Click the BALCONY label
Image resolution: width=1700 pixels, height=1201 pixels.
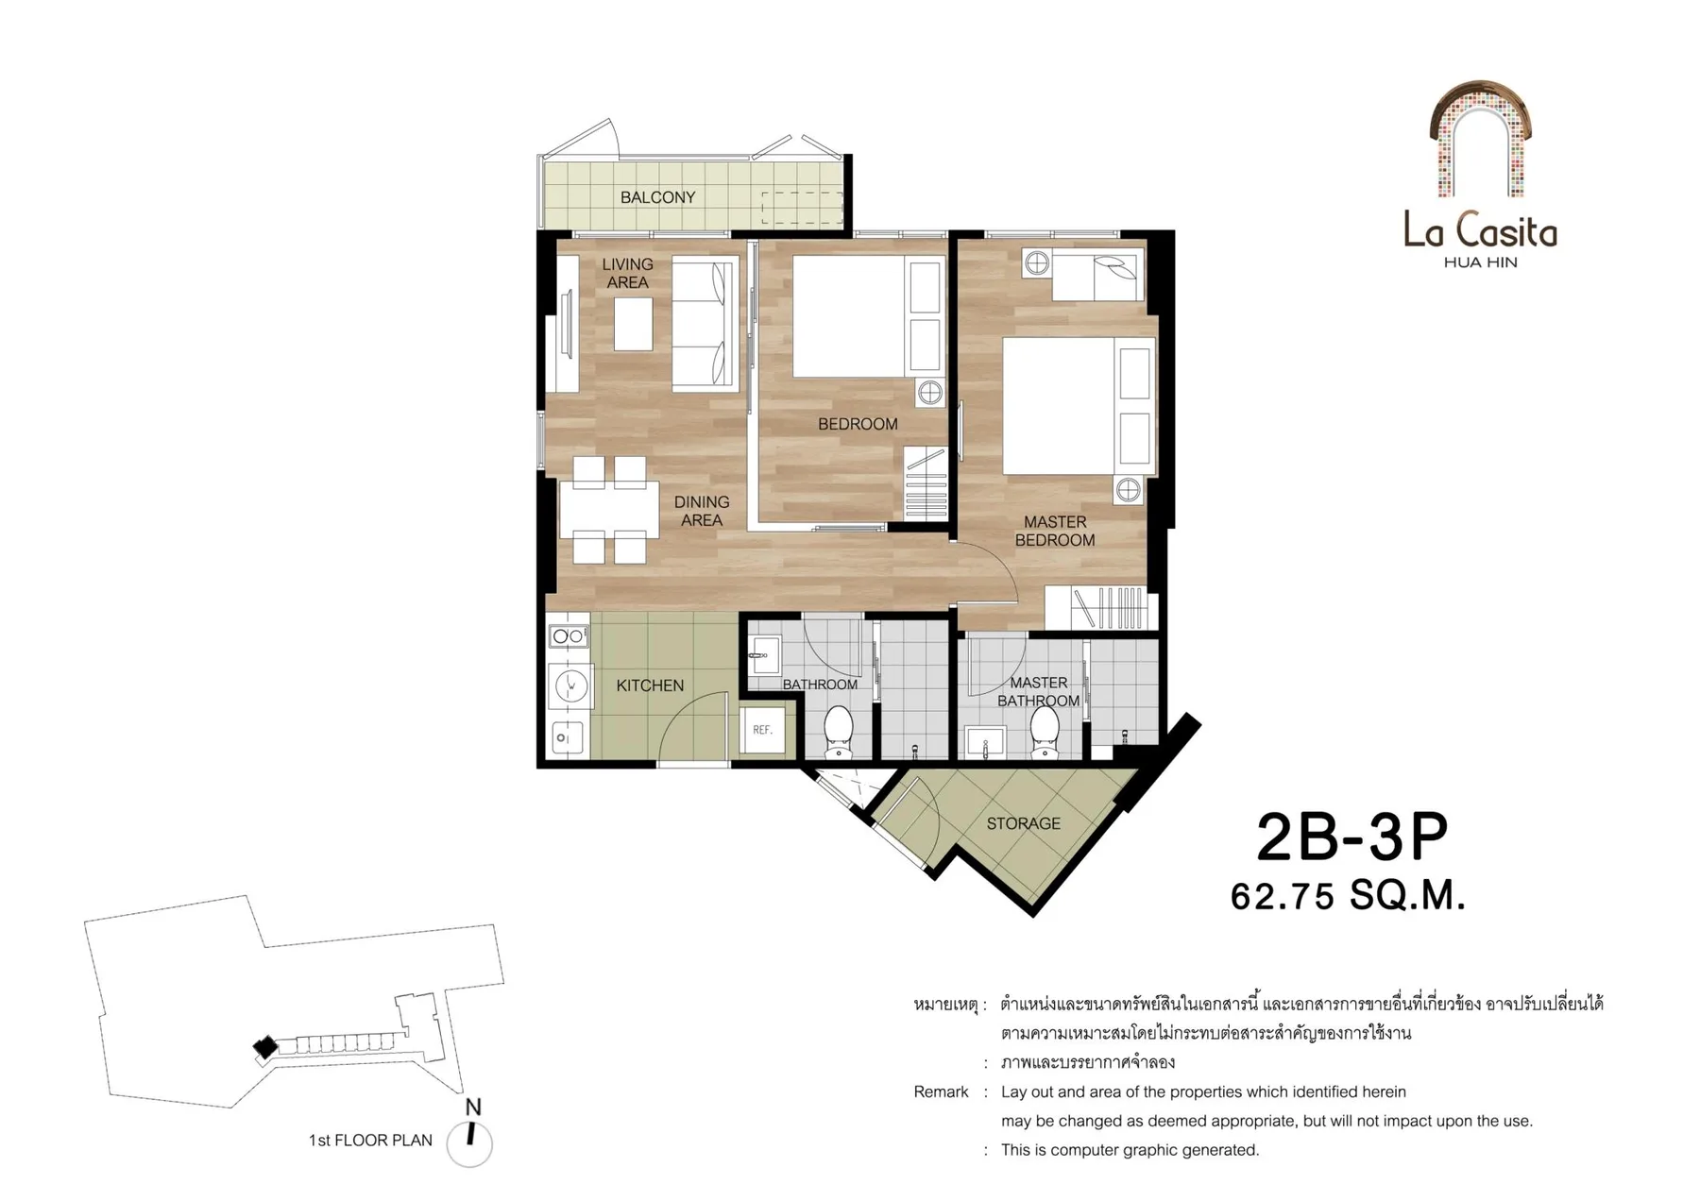[x=657, y=197]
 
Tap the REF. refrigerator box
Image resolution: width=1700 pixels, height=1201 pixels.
[x=763, y=729]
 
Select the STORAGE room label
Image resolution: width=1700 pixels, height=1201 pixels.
[x=1023, y=823]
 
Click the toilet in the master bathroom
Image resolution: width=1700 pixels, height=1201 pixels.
[x=1045, y=732]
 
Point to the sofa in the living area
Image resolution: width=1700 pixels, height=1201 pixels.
[x=704, y=326]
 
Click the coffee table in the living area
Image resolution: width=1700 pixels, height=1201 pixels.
[x=633, y=324]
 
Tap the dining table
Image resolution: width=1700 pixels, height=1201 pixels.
[x=610, y=510]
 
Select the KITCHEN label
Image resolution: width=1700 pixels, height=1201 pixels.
[x=650, y=685]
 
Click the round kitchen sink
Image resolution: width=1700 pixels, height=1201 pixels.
[x=570, y=685]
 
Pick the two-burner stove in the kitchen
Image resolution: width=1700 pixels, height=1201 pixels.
[x=569, y=636]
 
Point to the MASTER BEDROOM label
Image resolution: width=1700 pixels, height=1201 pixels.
[x=1055, y=531]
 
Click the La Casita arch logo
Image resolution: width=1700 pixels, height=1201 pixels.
[x=1480, y=139]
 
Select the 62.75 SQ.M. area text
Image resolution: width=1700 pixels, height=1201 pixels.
[x=1348, y=895]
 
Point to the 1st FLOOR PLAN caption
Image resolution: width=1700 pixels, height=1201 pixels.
[x=370, y=1141]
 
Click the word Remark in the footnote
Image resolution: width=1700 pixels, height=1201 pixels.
[x=941, y=1091]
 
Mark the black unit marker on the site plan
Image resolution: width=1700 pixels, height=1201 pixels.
[x=265, y=1046]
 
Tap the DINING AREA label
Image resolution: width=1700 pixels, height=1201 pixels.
[x=702, y=511]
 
